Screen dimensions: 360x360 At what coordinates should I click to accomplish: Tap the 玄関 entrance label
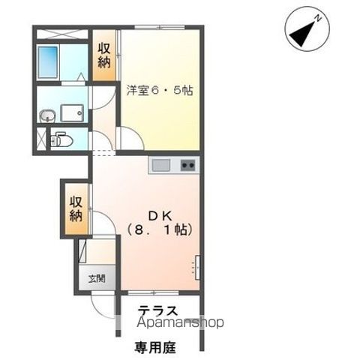coord(98,278)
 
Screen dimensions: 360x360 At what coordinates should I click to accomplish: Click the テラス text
coord(157,310)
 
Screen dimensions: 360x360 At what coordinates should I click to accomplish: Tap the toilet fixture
coord(61,139)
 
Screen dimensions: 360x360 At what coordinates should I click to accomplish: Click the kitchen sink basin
coord(161,165)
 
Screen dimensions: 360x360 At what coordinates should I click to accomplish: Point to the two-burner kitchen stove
coord(188,165)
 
